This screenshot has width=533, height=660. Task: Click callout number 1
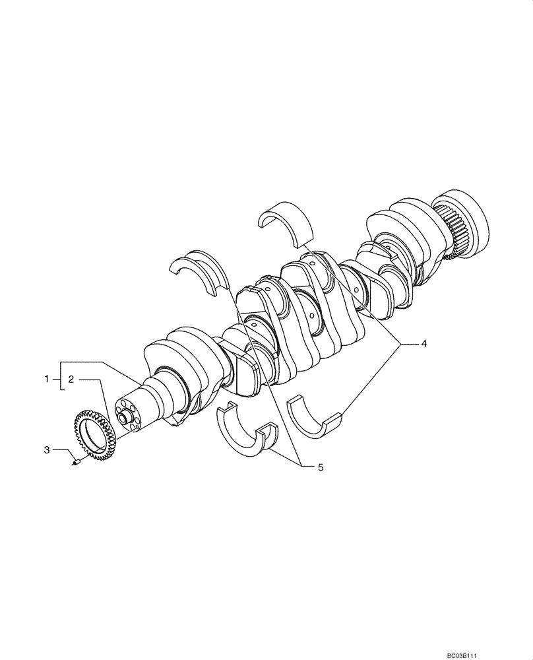point(47,379)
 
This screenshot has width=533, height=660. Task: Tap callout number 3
point(47,450)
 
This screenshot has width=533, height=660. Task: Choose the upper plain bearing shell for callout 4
point(285,222)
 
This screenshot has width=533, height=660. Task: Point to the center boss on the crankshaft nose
point(124,416)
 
